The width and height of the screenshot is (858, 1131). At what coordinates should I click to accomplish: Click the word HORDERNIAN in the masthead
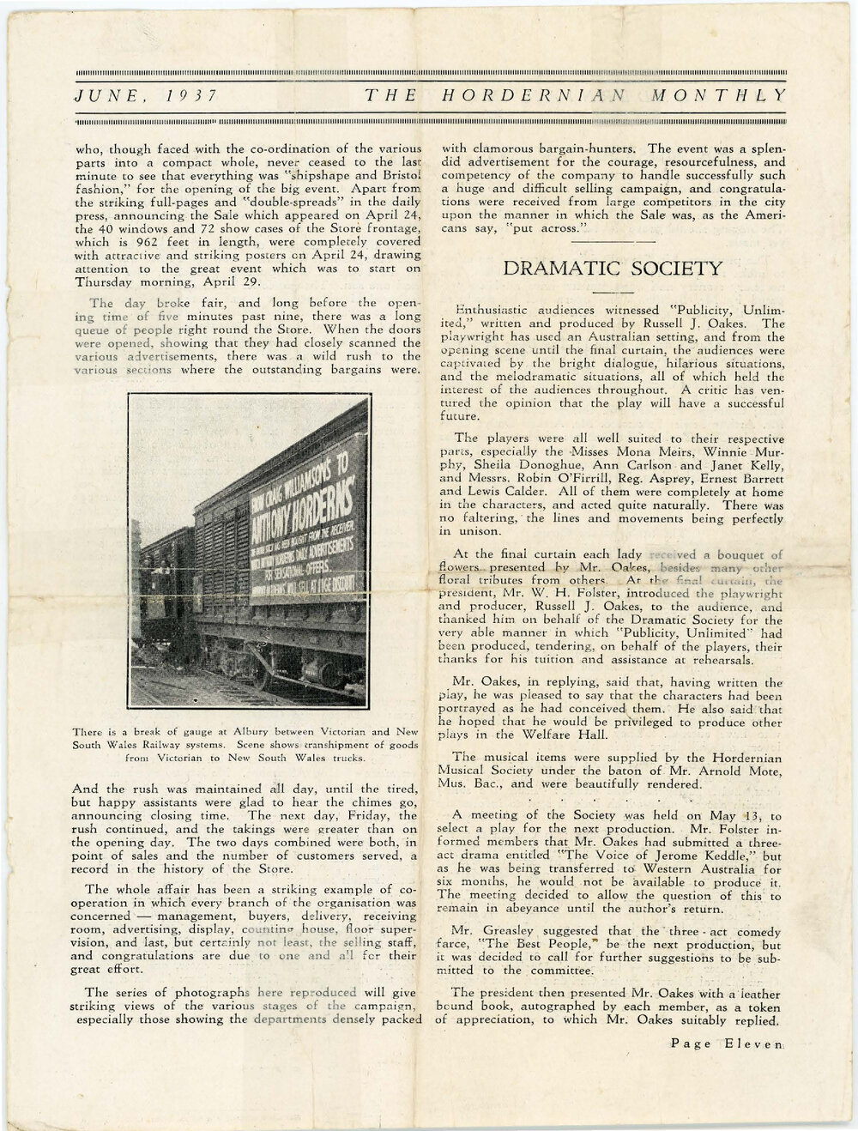tap(535, 97)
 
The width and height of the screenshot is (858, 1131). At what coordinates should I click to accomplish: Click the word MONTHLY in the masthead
tap(718, 97)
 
